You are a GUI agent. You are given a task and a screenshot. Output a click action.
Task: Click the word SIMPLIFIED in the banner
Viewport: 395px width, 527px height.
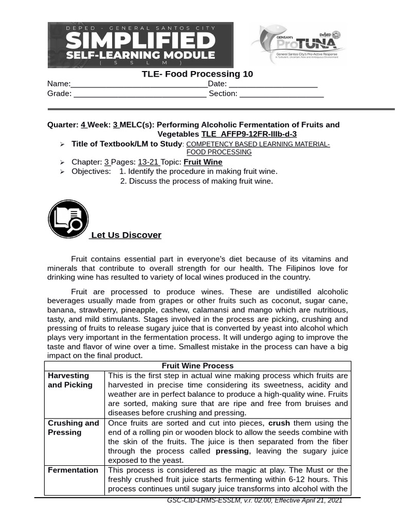coord(140,40)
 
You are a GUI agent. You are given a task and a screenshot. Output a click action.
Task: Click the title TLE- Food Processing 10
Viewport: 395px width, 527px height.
coord(197,74)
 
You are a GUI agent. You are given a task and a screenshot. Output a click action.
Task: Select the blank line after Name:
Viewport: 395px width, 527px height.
coord(139,85)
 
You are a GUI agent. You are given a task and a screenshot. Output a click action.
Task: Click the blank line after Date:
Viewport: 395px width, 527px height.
coord(273,85)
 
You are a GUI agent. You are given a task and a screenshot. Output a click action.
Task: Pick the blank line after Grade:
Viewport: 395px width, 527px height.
coord(140,94)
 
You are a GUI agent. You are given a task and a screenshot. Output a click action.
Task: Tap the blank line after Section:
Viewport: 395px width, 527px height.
coord(281,94)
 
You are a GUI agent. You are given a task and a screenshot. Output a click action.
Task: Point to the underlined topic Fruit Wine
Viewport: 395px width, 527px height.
coord(203,162)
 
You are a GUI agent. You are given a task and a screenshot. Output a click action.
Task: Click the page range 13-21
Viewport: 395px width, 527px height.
coord(148,162)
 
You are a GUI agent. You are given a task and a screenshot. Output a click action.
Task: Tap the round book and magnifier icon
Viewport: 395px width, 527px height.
coord(68,219)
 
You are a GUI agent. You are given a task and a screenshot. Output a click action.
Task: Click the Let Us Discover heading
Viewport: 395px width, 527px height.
coord(126,235)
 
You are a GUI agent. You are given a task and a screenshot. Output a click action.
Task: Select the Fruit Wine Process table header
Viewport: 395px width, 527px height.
coord(197,366)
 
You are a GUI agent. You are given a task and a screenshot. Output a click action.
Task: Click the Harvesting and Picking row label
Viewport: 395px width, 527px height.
coord(70,380)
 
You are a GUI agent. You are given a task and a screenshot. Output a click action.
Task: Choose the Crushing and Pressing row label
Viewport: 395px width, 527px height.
coord(73,428)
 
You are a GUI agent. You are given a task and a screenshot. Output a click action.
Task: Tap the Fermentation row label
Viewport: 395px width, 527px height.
coord(73,470)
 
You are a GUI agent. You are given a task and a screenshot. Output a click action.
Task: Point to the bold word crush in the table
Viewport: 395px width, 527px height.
coord(279,423)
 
